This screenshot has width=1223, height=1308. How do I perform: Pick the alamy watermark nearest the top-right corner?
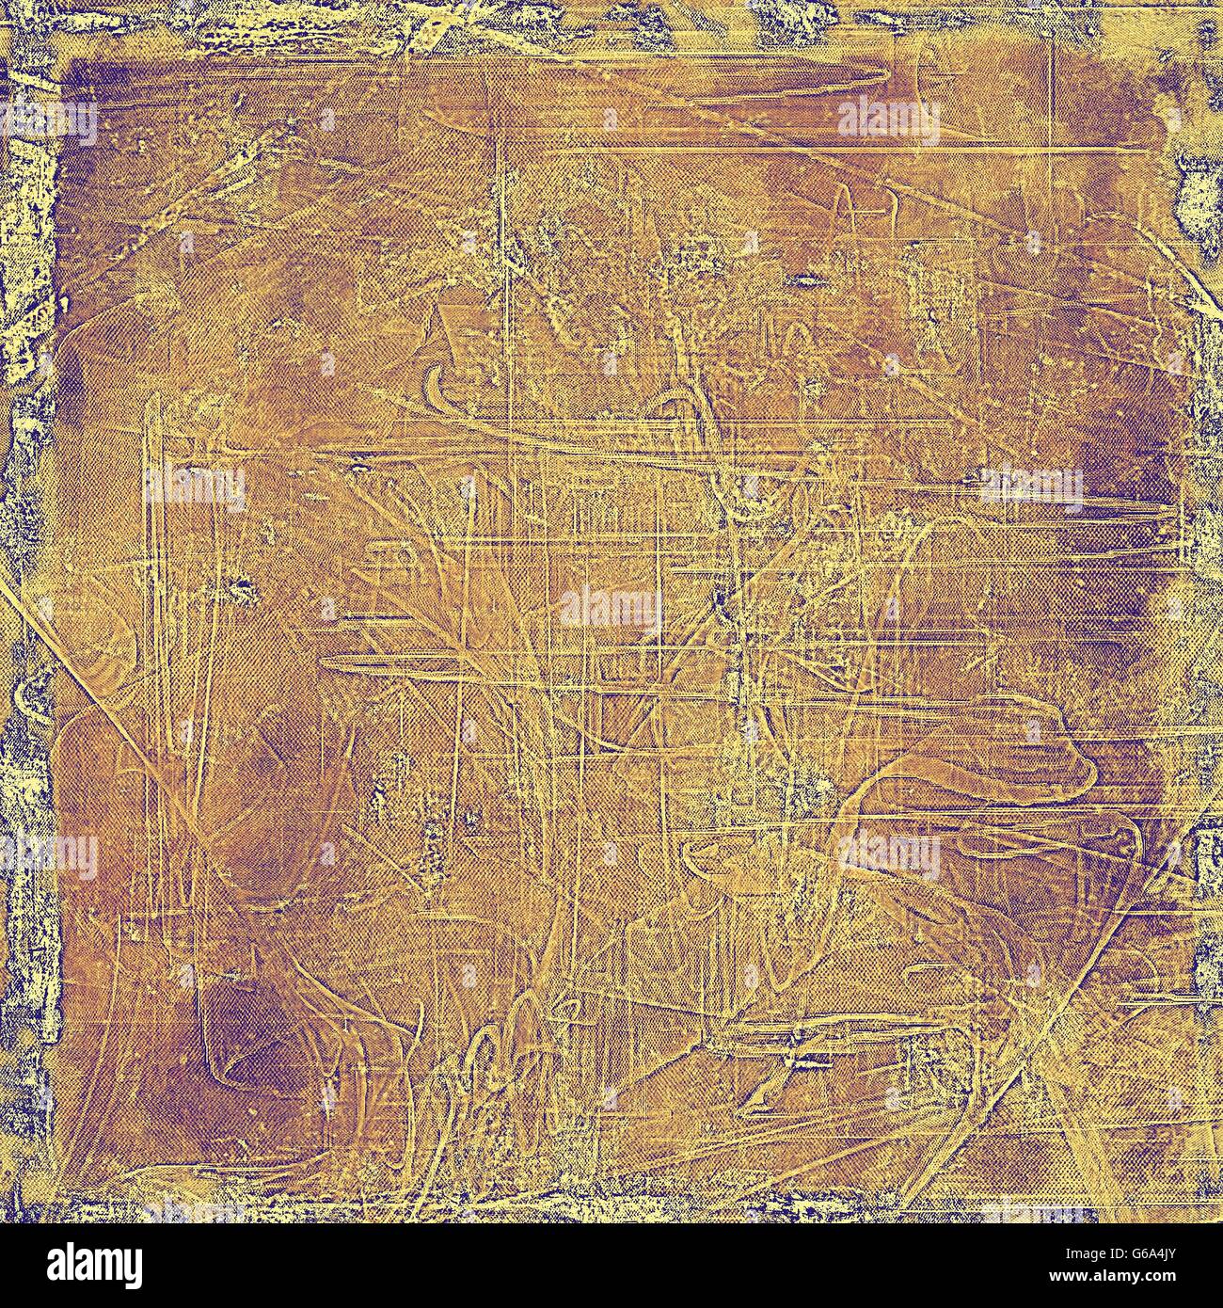click(x=887, y=120)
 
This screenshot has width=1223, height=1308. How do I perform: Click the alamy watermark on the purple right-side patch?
click(x=1030, y=486)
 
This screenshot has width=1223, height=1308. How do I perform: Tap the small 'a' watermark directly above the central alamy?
click(x=610, y=362)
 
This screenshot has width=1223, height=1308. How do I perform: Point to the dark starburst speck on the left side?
click(x=243, y=591)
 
